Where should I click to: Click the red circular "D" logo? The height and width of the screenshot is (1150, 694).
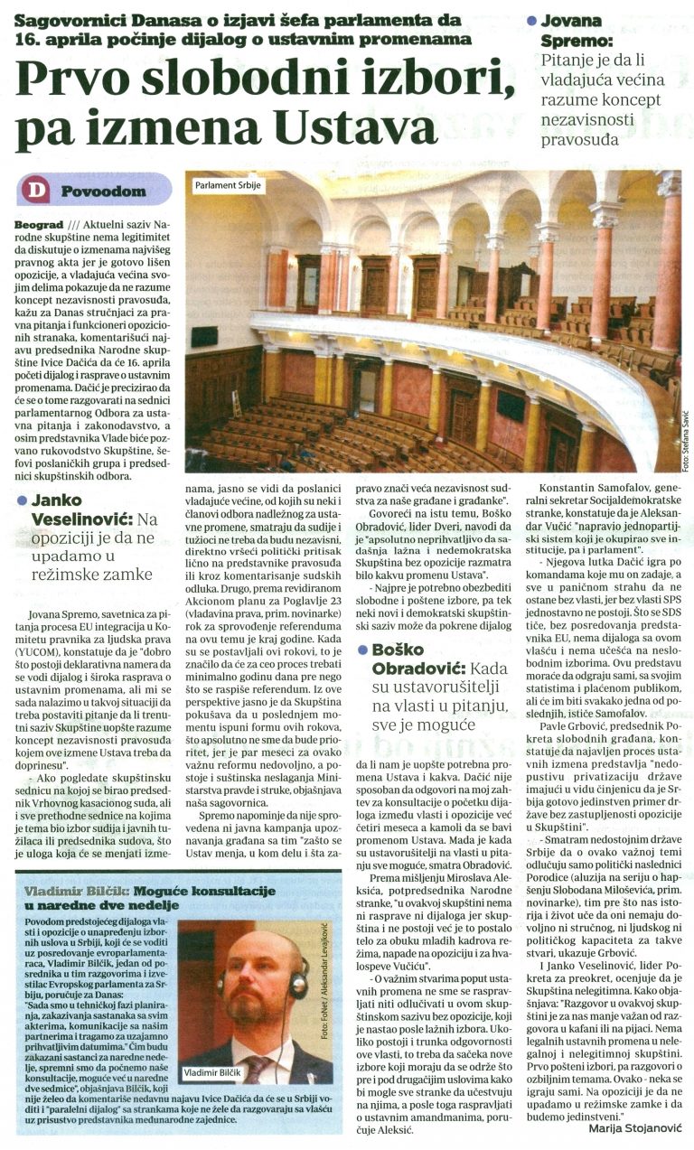36,191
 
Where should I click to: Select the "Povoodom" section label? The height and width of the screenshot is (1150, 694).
103,192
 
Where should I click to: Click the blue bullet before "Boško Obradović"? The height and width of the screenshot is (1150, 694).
362,624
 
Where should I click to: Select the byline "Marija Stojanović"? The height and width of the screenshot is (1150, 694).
636,1128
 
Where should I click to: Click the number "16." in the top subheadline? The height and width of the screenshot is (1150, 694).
27,39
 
